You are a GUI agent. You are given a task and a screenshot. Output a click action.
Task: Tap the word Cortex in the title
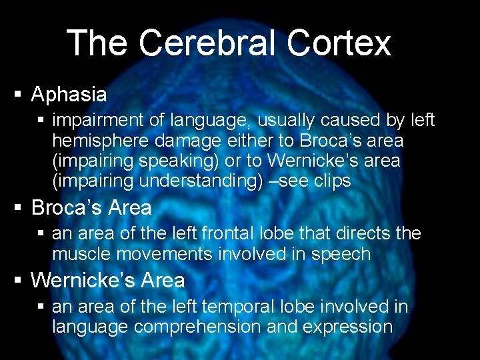point(339,43)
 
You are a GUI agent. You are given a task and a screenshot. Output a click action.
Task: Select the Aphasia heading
point(69,94)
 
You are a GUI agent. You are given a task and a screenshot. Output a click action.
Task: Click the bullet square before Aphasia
point(19,94)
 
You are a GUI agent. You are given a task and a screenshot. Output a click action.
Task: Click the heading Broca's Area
point(91,207)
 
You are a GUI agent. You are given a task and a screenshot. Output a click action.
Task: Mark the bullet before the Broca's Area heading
point(19,207)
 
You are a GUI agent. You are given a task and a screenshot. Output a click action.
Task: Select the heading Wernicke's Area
point(108,280)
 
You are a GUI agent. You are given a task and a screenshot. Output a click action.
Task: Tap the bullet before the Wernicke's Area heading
point(19,280)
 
